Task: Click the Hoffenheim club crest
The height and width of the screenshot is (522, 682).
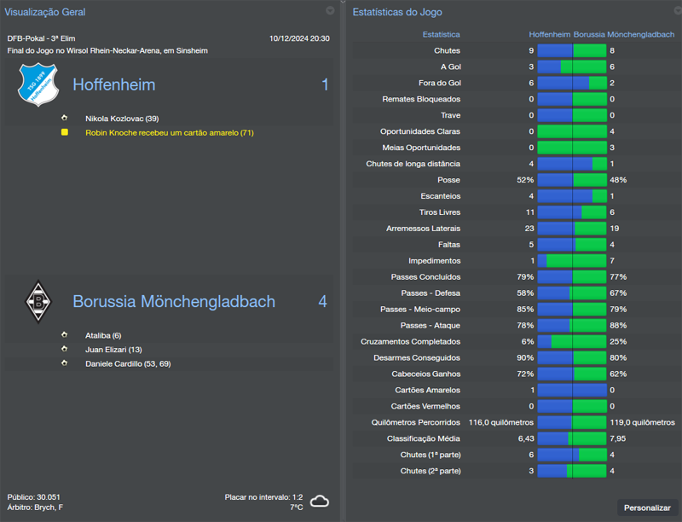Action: tap(37, 84)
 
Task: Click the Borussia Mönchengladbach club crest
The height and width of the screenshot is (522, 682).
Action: tap(37, 301)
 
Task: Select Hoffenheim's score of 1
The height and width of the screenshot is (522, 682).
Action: tap(324, 84)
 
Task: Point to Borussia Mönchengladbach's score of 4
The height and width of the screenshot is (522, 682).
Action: tap(322, 301)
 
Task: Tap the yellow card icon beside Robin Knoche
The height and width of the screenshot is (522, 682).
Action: tap(64, 133)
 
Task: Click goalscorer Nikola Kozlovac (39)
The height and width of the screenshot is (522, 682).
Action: tap(122, 119)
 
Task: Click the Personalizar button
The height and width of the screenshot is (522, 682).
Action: tap(647, 507)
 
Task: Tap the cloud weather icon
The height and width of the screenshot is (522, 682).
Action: tap(320, 502)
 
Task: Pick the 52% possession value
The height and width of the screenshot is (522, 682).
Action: tap(525, 180)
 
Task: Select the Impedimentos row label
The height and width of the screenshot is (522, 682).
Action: tap(435, 261)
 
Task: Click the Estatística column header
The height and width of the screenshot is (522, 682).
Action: tap(441, 35)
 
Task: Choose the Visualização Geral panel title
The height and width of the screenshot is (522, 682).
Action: tap(44, 12)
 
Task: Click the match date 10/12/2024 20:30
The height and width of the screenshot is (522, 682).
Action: tap(299, 38)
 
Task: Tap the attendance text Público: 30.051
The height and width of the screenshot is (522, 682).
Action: tap(33, 496)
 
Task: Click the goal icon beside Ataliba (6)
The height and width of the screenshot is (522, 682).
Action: tap(64, 335)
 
